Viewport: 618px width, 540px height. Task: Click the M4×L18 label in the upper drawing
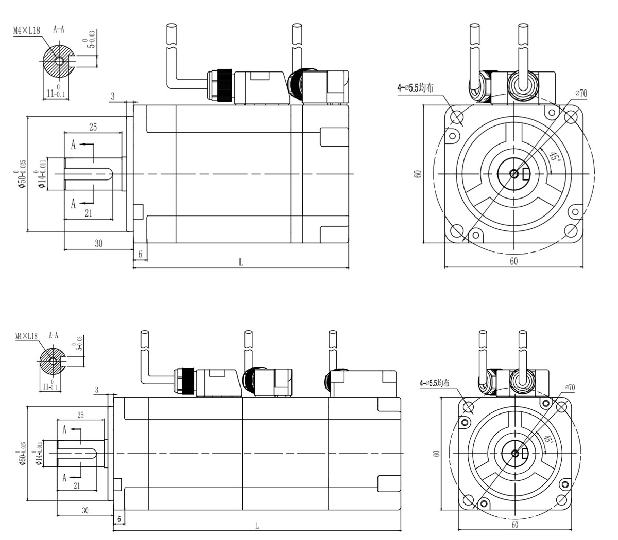(27, 30)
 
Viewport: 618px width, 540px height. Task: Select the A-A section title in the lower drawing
(53, 335)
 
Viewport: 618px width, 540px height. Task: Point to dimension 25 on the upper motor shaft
(93, 127)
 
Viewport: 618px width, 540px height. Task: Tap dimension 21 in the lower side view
(76, 485)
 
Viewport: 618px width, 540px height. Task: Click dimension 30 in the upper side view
(98, 243)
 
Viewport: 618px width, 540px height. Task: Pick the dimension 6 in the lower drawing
(119, 519)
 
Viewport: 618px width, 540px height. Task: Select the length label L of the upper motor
(241, 262)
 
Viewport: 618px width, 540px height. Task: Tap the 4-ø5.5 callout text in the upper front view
(415, 88)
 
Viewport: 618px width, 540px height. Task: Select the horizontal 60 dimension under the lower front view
(515, 525)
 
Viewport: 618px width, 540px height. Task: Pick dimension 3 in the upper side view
(112, 96)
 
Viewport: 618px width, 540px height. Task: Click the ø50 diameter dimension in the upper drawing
(21, 173)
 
